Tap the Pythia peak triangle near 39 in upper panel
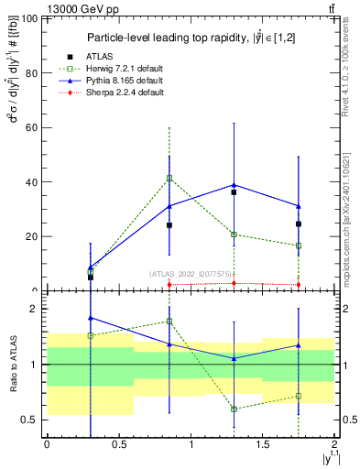click(235, 185)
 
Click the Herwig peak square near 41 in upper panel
click(169, 178)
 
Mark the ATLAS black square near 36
click(235, 192)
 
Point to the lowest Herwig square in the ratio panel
click(235, 409)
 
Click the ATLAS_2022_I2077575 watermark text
click(192, 274)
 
